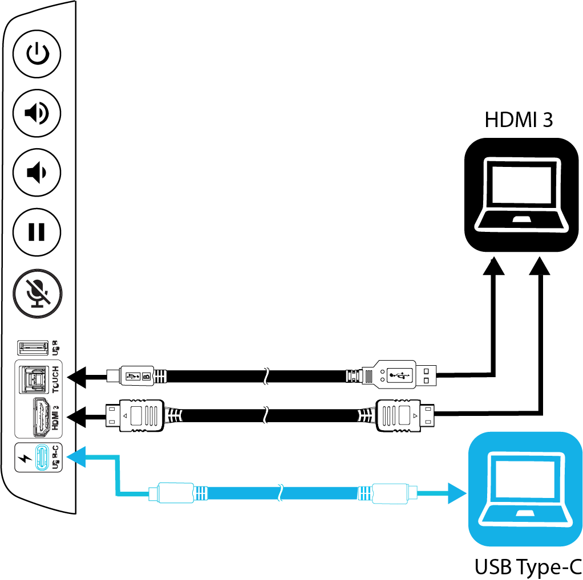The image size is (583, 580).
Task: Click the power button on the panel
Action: tap(37, 55)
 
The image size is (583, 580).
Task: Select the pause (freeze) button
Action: tap(37, 232)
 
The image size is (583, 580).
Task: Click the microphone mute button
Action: tap(37, 291)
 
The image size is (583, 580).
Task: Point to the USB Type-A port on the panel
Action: tap(33, 347)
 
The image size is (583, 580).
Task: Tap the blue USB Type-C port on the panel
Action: tap(41, 458)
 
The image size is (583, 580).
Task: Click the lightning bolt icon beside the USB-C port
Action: tap(24, 458)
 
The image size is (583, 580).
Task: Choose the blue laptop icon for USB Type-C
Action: tap(524, 489)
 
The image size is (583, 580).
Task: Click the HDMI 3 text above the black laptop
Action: tap(518, 121)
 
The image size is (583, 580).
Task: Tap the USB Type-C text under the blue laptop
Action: tap(527, 567)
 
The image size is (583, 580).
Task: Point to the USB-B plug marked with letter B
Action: tap(137, 376)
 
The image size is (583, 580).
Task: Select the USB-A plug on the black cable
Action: tap(399, 375)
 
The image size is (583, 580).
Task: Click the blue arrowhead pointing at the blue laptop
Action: tap(456, 493)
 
